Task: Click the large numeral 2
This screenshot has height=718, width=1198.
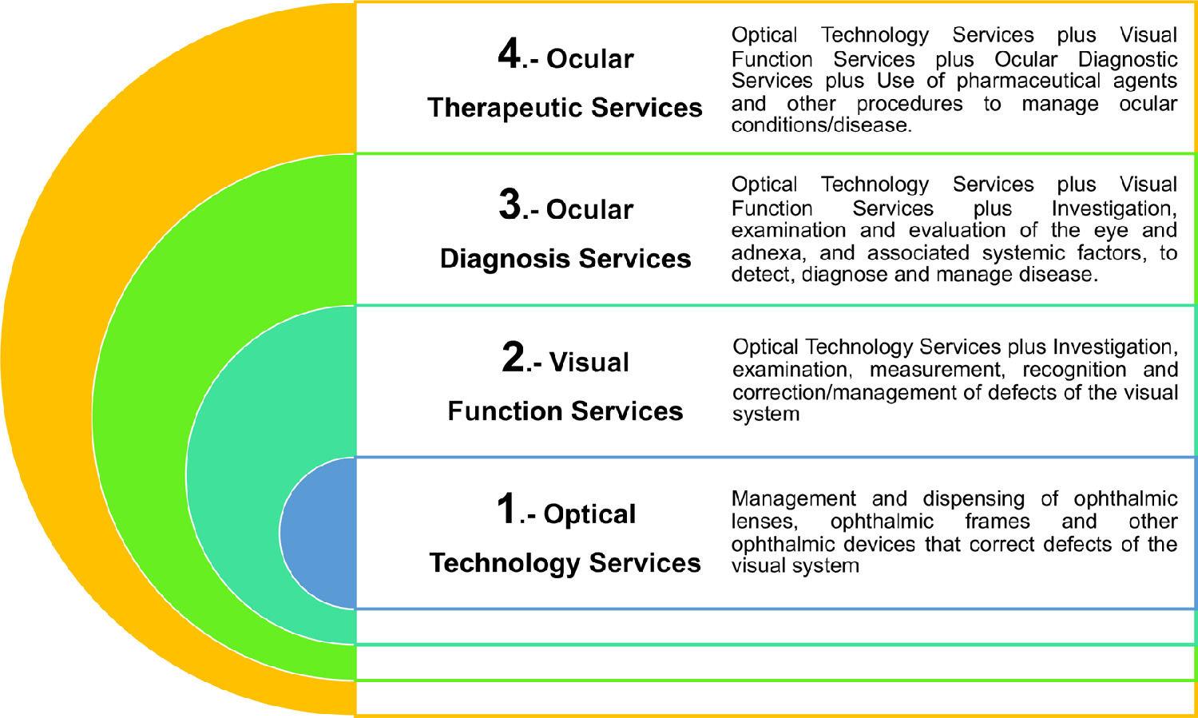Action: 513,357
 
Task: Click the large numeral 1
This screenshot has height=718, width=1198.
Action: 507,509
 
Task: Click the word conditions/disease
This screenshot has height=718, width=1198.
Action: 821,125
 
